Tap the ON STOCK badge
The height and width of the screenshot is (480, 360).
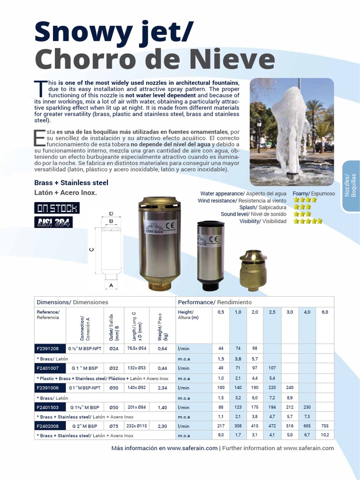(57, 208)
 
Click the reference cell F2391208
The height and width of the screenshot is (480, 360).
(48, 349)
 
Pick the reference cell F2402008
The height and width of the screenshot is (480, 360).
(48, 426)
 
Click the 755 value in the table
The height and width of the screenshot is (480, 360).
(324, 426)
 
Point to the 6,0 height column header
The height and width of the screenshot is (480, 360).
(324, 312)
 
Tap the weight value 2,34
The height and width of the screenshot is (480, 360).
(163, 388)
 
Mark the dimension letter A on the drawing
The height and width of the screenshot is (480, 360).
(111, 285)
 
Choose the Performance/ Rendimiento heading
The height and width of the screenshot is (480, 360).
(215, 302)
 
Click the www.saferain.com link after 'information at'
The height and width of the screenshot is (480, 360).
(308, 448)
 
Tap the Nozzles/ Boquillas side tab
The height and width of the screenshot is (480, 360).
(351, 185)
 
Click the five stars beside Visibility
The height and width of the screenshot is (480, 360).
(307, 221)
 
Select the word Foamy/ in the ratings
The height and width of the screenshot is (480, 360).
(300, 194)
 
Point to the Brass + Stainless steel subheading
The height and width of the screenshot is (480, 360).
(71, 183)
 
